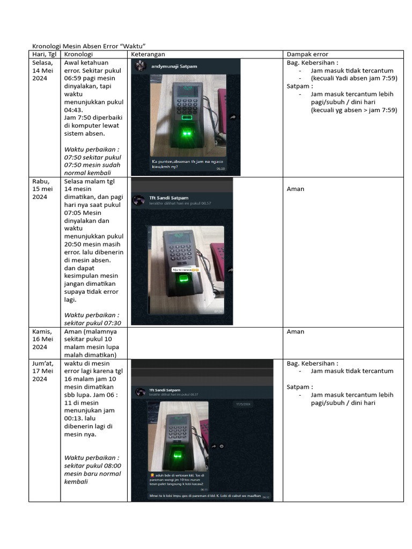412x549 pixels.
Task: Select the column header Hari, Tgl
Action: click(43, 54)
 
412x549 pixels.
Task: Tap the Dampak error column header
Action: click(307, 54)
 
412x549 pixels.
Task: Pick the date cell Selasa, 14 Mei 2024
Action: click(43, 70)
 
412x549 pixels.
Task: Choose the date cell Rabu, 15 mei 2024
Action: click(40, 189)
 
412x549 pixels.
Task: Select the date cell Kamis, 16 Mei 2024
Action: click(43, 339)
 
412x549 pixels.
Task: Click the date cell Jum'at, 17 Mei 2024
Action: click(43, 371)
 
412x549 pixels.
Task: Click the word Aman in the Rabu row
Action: click(296, 189)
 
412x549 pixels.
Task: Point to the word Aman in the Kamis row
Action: click(296, 332)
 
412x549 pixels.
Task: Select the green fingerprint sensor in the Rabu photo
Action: click(183, 280)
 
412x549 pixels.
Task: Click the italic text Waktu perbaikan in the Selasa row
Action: click(92, 150)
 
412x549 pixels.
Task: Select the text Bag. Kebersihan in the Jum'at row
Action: click(312, 363)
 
